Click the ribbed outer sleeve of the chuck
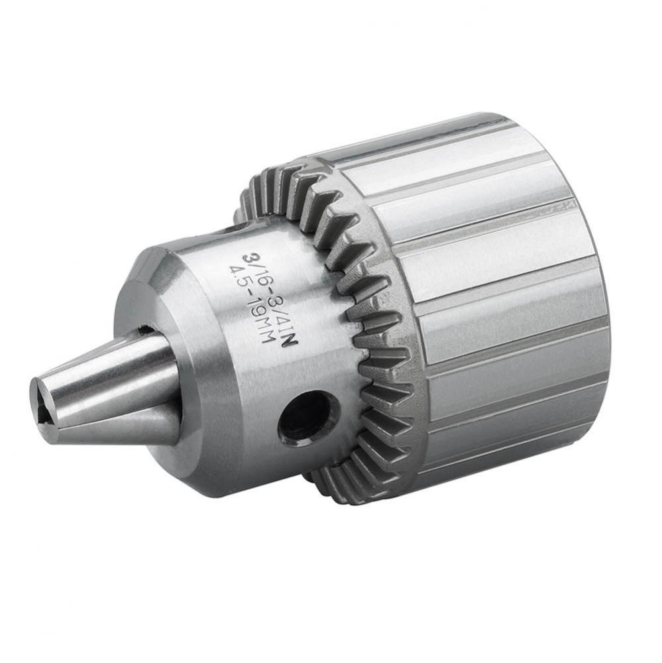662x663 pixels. (490, 298)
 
